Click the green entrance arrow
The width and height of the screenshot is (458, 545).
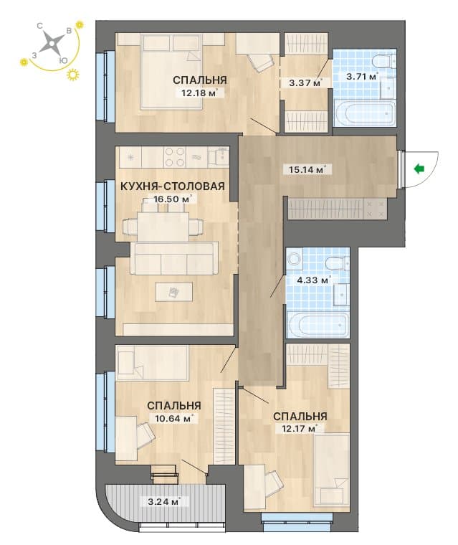pyautogui.click(x=419, y=169)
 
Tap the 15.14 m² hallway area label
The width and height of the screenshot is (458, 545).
pyautogui.click(x=307, y=170)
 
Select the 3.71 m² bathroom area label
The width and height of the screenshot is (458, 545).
pyautogui.click(x=362, y=76)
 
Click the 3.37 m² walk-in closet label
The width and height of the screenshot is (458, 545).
pyautogui.click(x=305, y=83)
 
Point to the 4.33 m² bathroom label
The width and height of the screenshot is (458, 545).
pyautogui.click(x=313, y=280)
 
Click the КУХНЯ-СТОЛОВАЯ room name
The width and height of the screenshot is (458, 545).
pyautogui.click(x=173, y=186)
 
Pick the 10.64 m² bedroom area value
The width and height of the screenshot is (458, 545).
pyautogui.click(x=173, y=418)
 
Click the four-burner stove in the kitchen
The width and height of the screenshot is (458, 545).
pyautogui.click(x=174, y=157)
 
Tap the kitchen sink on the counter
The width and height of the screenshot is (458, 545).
pyautogui.click(x=218, y=156)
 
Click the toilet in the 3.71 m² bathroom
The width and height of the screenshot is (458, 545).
pyautogui.click(x=384, y=61)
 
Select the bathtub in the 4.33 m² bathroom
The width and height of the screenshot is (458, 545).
pyautogui.click(x=318, y=325)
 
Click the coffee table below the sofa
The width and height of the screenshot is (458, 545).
pyautogui.click(x=173, y=292)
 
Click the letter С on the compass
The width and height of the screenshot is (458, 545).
pyautogui.click(x=40, y=26)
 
